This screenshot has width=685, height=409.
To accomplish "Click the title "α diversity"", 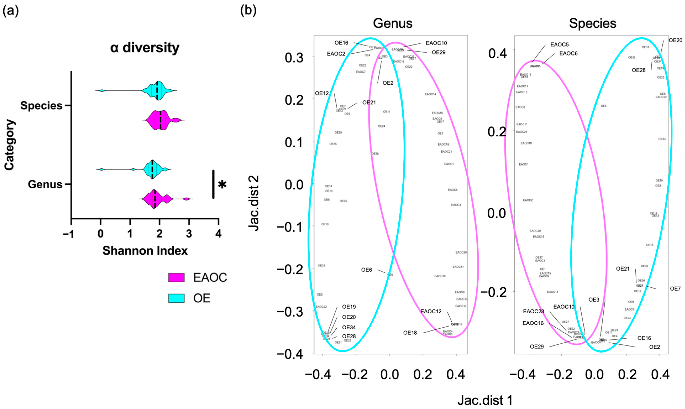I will (145, 48).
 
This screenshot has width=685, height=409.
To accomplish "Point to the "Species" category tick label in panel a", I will (41, 106).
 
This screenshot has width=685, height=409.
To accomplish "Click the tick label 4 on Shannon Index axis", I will (218, 234).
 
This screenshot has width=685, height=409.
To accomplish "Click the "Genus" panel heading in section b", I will (393, 23).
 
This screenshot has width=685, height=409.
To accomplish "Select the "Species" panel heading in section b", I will (592, 23).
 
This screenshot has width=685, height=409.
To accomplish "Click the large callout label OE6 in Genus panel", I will (367, 270).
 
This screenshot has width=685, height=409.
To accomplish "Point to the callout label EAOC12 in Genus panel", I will (431, 311).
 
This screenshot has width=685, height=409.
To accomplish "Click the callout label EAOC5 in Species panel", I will (559, 44).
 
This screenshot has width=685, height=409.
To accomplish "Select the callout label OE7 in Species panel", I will (675, 289).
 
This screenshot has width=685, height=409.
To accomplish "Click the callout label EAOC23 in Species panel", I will (533, 311).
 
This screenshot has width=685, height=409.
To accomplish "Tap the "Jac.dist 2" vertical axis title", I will (254, 203).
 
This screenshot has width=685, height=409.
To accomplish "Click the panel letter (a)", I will (10, 11).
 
